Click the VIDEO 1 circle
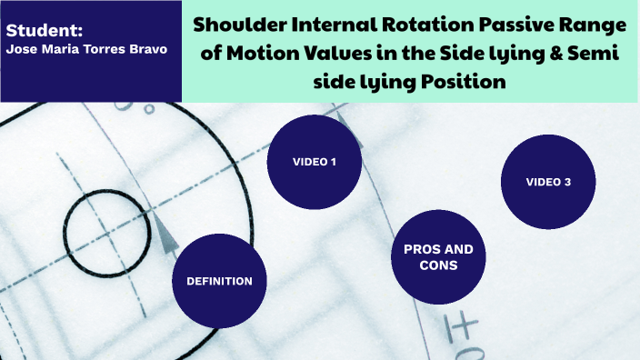(x=315, y=162)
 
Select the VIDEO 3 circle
(x=548, y=182)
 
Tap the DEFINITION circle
(x=219, y=281)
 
